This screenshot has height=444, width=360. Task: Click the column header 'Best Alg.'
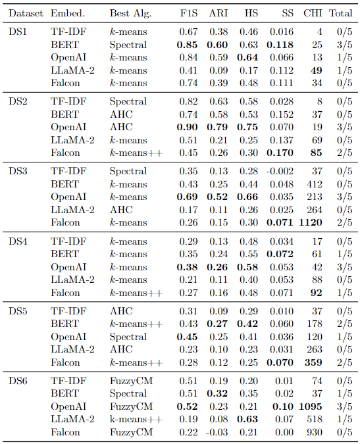130,13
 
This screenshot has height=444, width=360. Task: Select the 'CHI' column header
313,13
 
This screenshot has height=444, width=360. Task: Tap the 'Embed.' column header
68,13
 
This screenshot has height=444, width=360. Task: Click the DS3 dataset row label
18,171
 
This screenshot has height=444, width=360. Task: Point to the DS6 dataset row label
18,381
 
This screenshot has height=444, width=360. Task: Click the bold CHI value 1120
311,222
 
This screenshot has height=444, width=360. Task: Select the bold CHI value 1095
311,407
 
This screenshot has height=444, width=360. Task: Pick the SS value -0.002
280,171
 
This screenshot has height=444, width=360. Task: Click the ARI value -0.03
217,432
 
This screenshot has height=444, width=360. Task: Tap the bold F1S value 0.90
187,127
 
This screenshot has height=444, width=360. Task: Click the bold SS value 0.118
280,45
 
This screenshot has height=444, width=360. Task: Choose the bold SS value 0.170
280,153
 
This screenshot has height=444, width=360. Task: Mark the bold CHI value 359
313,362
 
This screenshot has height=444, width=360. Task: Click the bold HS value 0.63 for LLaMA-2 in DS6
247,419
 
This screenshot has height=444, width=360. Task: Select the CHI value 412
315,184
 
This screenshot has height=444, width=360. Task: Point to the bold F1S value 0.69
187,197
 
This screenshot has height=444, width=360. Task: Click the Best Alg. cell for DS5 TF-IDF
121,311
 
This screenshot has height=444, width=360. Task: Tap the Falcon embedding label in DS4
65,293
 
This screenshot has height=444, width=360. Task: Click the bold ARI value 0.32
217,393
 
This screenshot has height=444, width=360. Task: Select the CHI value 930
315,432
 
